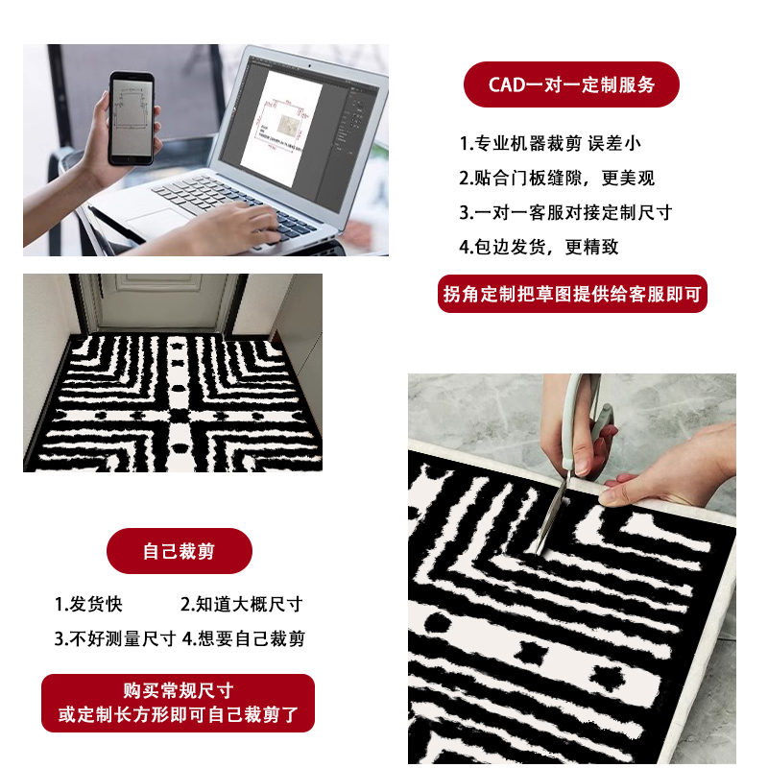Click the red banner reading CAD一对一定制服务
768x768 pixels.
coord(571,84)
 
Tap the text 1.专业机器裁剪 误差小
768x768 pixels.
coord(550,144)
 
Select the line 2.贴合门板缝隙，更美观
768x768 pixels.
coord(557,178)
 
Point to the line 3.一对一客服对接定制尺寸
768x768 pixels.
coord(565,212)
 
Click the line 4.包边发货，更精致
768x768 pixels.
coord(539,247)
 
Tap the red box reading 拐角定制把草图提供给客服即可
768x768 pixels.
coord(572,294)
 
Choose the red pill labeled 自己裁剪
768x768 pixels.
coord(179,551)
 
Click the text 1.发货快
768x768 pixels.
coord(88,605)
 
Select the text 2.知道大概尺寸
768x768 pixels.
coord(242,605)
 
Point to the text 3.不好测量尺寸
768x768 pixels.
coord(114,638)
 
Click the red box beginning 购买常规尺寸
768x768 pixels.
coord(179,703)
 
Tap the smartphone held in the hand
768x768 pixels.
coord(133,116)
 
